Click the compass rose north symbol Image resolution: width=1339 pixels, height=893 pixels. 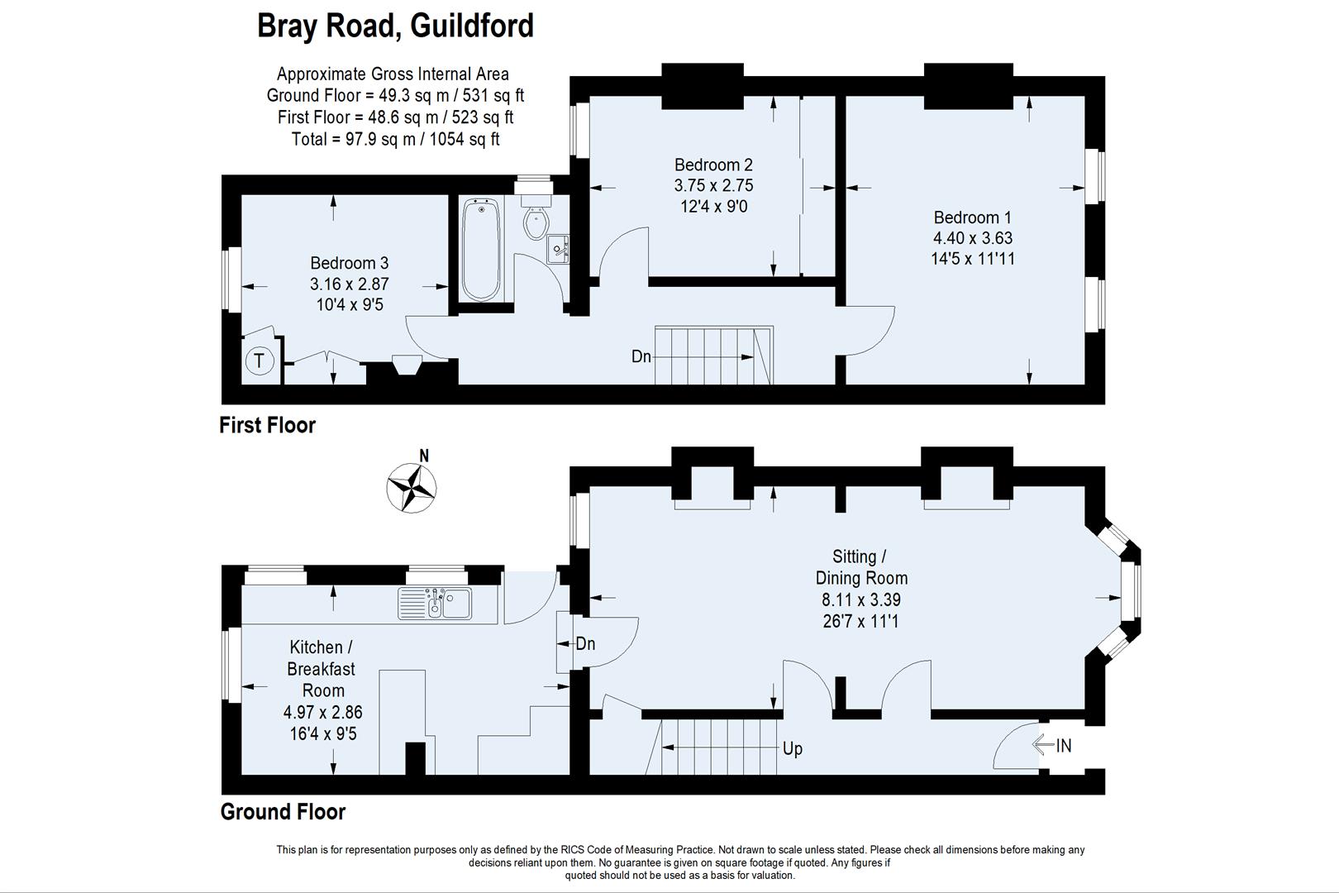(x=411, y=487)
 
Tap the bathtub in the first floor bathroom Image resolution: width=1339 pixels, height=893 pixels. (x=481, y=250)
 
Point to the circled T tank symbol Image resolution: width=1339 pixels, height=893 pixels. (x=260, y=361)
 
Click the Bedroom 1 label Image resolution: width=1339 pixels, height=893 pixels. (x=972, y=217)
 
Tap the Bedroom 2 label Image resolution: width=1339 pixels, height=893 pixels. (x=713, y=165)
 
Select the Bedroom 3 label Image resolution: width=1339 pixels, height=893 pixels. (x=349, y=263)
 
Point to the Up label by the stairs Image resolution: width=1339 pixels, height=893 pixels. (x=792, y=749)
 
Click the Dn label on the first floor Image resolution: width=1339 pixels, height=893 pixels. (x=641, y=356)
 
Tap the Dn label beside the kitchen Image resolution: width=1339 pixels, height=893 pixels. (x=585, y=643)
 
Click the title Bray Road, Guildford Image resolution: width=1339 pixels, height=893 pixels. (x=395, y=26)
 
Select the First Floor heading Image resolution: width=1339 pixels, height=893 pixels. (x=267, y=425)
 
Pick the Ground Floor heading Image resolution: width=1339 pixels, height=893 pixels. (x=283, y=812)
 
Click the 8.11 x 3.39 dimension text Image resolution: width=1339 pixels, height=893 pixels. (x=861, y=599)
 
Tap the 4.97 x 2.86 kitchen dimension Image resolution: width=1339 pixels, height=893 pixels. (x=322, y=712)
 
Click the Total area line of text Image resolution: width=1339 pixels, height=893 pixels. (x=395, y=139)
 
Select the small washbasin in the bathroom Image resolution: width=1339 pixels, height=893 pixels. (x=557, y=247)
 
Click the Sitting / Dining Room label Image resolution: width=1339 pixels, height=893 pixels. (x=861, y=567)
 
